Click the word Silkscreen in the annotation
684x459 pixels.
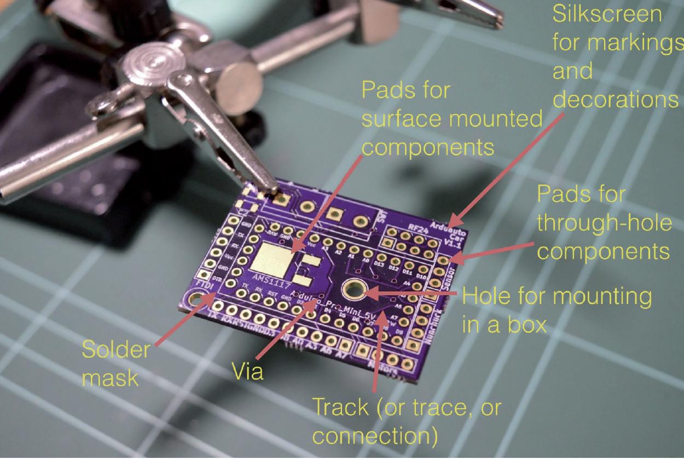606,15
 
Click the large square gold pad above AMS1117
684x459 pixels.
273,256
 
